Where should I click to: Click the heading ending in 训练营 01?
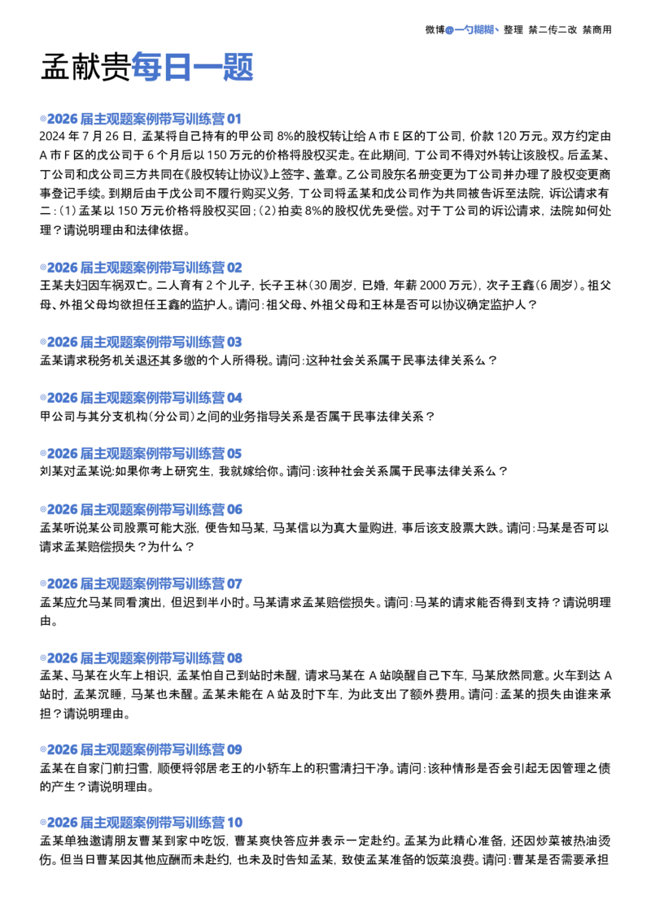pos(141,119)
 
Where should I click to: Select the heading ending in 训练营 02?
pos(141,268)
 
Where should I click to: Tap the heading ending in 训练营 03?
pos(141,342)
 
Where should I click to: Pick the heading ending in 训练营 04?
pos(141,398)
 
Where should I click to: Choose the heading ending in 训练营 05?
pos(141,453)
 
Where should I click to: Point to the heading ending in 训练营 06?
pos(141,509)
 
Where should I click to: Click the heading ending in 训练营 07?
pos(141,584)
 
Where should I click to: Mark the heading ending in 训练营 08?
pos(141,658)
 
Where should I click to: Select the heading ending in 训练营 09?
pos(141,749)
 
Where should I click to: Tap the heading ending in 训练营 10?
pos(141,823)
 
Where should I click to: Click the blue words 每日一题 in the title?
pos(192,67)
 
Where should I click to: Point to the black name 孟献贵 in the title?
pos(85,67)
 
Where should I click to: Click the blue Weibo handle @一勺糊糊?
pos(470,29)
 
